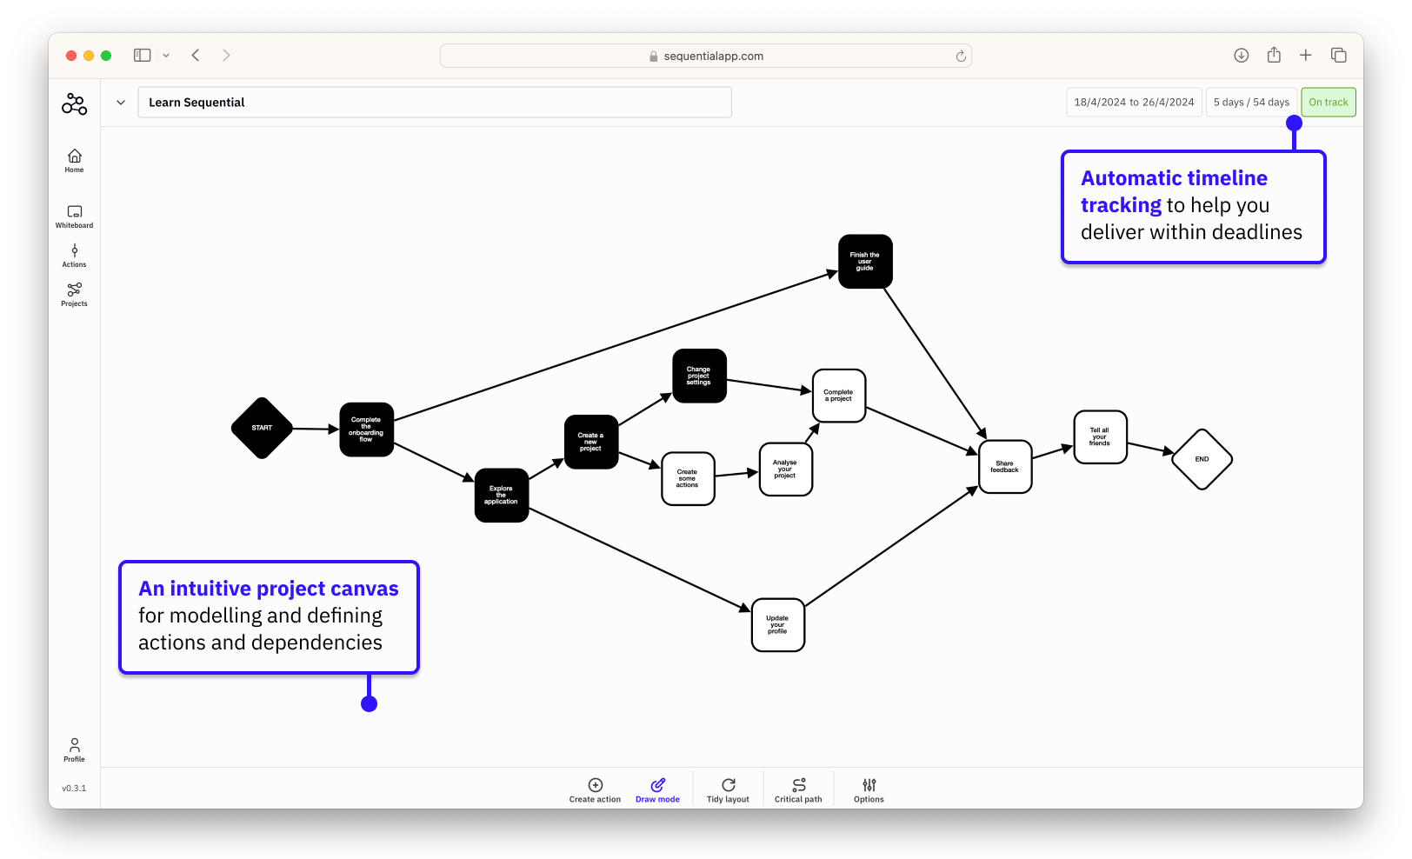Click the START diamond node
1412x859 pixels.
tap(262, 428)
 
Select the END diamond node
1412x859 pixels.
tap(1202, 459)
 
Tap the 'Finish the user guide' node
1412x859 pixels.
tap(865, 261)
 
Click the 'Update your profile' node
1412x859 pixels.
tap(777, 624)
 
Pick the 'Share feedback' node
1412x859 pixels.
tap(1004, 467)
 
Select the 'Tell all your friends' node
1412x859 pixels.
tap(1100, 436)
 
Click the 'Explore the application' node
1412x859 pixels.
tap(501, 495)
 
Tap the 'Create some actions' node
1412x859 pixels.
tap(688, 478)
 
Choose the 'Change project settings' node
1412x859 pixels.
tap(699, 376)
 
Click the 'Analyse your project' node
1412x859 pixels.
tap(785, 469)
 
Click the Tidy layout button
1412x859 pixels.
tap(728, 790)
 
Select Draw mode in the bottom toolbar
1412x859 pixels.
tap(657, 790)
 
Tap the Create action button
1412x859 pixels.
tap(595, 790)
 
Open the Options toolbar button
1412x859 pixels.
tap(869, 790)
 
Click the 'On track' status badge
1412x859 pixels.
tap(1328, 103)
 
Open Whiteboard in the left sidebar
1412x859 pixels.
tap(74, 216)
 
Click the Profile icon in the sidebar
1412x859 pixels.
tap(74, 749)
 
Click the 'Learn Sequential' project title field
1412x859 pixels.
tap(434, 103)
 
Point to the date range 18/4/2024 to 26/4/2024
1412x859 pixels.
tap(1134, 103)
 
